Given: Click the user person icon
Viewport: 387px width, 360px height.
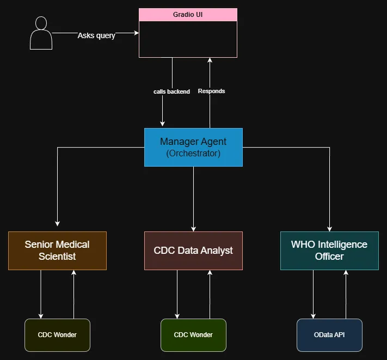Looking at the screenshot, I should [41, 33].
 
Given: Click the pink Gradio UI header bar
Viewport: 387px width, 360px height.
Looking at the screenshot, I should [188, 14].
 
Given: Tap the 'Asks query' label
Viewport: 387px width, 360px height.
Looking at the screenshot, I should [96, 35].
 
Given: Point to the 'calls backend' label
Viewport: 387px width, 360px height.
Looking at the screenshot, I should [171, 91].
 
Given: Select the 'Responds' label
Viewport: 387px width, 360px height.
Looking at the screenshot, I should [211, 91].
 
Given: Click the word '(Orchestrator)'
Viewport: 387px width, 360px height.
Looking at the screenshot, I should [193, 154].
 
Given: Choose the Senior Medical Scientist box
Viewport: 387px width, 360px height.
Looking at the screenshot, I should [57, 251].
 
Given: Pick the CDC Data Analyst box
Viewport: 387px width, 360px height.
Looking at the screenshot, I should [193, 251].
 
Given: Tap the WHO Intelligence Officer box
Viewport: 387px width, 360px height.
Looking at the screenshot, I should [329, 251].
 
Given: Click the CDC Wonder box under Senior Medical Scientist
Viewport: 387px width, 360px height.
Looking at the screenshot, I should [57, 334].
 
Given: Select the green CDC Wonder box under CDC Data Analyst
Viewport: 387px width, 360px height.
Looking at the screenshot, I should [193, 334].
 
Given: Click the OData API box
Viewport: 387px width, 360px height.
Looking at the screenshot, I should [329, 334].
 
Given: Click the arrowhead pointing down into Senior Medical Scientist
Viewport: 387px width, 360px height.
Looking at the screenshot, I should [57, 223].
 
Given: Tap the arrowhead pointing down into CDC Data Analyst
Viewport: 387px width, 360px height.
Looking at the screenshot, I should [193, 228].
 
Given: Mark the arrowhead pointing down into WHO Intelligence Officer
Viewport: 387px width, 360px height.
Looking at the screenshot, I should [329, 228].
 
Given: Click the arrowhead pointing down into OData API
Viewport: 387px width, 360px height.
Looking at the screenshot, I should [313, 315].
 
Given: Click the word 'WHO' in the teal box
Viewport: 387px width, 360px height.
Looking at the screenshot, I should [303, 244].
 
